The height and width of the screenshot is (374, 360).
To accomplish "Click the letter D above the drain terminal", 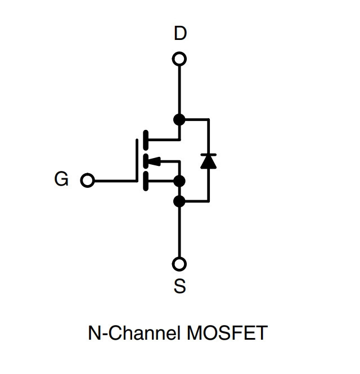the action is tap(180, 33).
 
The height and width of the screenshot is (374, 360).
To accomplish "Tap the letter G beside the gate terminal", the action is tap(61, 179).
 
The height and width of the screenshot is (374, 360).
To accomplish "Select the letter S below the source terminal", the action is tap(179, 286).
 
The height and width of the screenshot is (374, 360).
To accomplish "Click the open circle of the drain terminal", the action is tap(179, 58).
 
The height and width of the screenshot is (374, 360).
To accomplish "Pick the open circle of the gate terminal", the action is tap(88, 181).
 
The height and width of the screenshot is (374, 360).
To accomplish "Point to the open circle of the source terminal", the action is tap(179, 264).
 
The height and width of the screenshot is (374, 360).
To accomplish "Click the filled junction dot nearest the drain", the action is tap(179, 119).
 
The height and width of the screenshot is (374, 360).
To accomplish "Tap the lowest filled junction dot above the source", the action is tap(179, 201).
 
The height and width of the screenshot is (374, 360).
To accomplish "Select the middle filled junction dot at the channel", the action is tap(179, 181).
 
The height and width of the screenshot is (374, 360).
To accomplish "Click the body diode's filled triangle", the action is tap(209, 163).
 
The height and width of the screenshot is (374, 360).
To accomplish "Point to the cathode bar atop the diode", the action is tap(209, 155).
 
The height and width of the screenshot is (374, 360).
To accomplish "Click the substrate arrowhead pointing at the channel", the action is tap(154, 161).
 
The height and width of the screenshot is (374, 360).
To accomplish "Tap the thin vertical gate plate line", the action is tap(137, 160).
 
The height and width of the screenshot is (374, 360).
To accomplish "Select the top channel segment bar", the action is tap(146, 140).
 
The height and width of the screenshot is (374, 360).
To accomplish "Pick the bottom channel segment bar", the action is tap(146, 181).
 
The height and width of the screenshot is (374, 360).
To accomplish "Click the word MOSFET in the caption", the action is tap(227, 333).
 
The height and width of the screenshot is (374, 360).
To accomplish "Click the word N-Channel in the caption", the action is tap(134, 333).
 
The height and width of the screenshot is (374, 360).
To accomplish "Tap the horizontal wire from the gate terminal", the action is tap(116, 181).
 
